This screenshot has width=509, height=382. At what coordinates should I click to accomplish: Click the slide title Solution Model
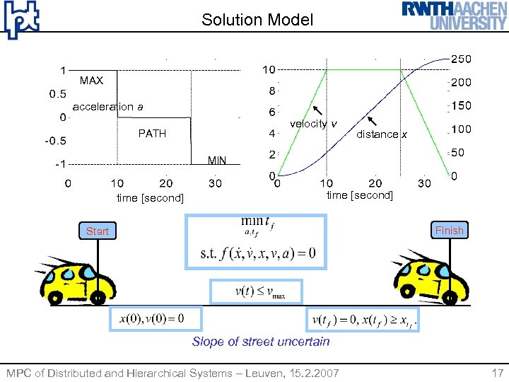pyautogui.click(x=257, y=20)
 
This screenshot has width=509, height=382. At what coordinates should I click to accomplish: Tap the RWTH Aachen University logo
pyautogui.click(x=455, y=16)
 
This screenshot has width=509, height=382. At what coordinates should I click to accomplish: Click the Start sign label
pyautogui.click(x=98, y=231)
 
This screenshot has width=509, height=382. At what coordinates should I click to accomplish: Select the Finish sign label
pyautogui.click(x=449, y=230)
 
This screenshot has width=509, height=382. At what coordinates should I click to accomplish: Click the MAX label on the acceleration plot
pyautogui.click(x=91, y=81)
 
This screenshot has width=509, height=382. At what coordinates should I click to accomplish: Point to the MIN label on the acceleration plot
pyautogui.click(x=217, y=161)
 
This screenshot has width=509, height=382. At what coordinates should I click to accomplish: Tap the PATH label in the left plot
pyautogui.click(x=152, y=133)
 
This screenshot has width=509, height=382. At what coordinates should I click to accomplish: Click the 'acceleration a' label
pyautogui.click(x=107, y=107)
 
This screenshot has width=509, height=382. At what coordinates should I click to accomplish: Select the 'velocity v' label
pyautogui.click(x=313, y=125)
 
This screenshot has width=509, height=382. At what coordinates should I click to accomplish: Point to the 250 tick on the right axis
pyautogui.click(x=461, y=59)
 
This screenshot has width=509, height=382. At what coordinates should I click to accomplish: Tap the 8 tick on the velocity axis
pyautogui.click(x=271, y=91)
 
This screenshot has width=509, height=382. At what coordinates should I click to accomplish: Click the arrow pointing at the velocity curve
pyautogui.click(x=317, y=110)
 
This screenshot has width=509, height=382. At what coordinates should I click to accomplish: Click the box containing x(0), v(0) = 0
pyautogui.click(x=155, y=318)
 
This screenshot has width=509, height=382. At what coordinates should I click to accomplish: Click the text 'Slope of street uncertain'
pyautogui.click(x=261, y=342)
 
